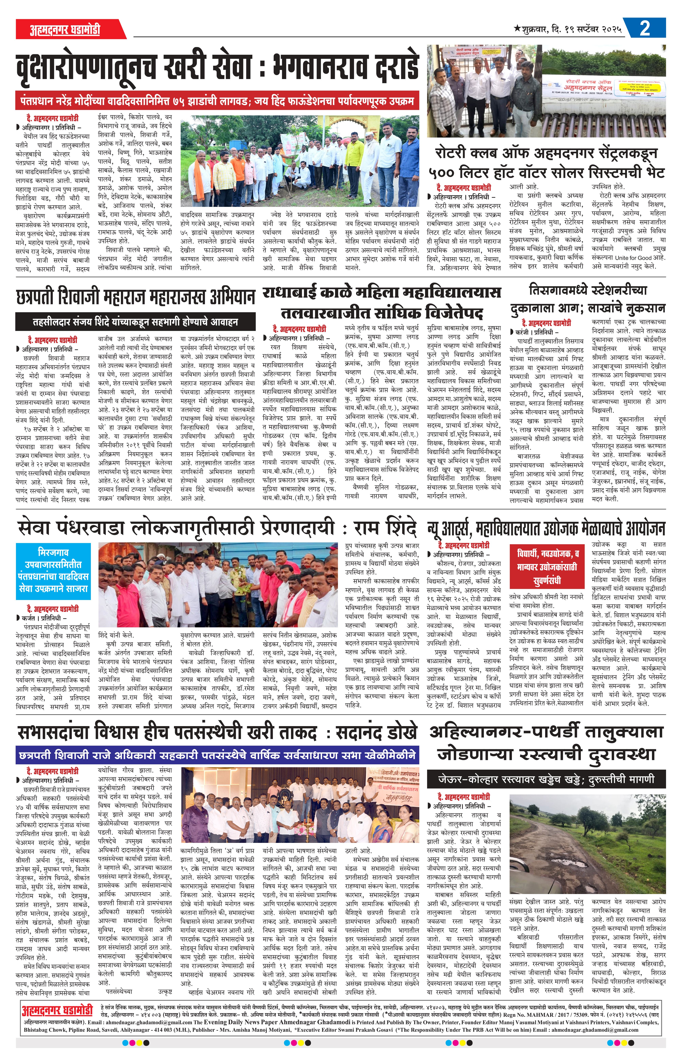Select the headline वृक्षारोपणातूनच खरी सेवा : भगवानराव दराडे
217,67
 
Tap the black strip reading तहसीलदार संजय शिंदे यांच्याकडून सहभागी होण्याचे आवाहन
136,322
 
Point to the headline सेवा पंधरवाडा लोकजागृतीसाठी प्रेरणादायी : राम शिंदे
217,528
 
